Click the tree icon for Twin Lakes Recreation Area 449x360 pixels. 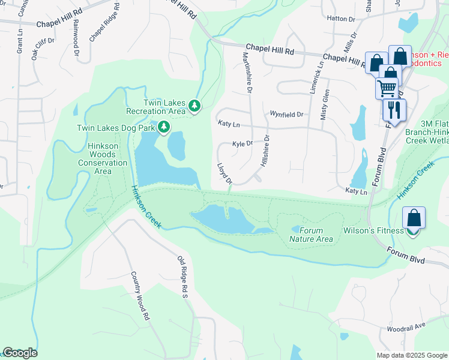coord(194,106)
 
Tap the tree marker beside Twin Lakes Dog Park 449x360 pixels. coord(163,127)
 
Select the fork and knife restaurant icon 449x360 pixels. coord(394,109)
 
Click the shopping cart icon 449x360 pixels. coord(387,88)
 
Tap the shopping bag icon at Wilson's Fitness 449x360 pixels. coord(414,219)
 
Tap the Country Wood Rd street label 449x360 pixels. coord(139,295)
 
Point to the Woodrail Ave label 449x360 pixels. coord(406,329)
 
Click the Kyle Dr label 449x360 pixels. coord(243,144)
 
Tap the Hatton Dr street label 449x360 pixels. coord(341,19)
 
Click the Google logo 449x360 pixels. coord(20,353)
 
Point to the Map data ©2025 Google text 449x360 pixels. coord(411,355)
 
